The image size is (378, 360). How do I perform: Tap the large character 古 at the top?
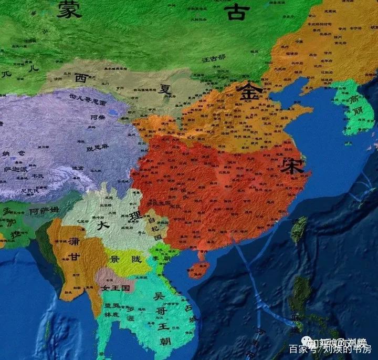235,12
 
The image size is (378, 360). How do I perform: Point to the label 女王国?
115,289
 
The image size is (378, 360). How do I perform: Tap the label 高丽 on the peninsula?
355,105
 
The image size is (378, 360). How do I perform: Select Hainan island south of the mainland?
199,269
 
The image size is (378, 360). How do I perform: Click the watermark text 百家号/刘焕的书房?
330,348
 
